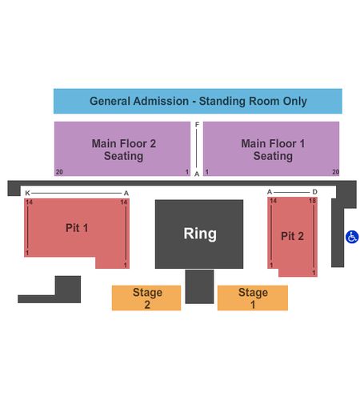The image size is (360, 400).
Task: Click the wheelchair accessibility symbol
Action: pyautogui.click(x=352, y=237)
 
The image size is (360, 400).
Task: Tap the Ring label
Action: pyautogui.click(x=200, y=234)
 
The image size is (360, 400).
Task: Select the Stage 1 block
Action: pyautogui.click(x=253, y=298)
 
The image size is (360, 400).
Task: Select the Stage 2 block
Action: pyautogui.click(x=146, y=298)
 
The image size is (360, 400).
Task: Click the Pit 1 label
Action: pyautogui.click(x=77, y=228)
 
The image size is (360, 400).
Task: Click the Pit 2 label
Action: pyautogui.click(x=292, y=236)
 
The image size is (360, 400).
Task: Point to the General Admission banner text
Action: pyautogui.click(x=198, y=101)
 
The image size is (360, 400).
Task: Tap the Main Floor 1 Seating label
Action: pyautogui.click(x=273, y=150)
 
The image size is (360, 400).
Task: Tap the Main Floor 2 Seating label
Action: pyautogui.click(x=124, y=150)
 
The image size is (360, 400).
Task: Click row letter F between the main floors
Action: pyautogui.click(x=197, y=124)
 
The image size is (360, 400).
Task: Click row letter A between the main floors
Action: pyautogui.click(x=197, y=174)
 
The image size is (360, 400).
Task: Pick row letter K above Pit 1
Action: pyautogui.click(x=27, y=193)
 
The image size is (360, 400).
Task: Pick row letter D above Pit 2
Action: pyautogui.click(x=314, y=192)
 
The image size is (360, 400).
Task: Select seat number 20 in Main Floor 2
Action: pyautogui.click(x=59, y=172)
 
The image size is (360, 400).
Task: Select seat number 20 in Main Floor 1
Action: pyautogui.click(x=336, y=172)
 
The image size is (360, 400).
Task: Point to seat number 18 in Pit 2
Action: pyautogui.click(x=313, y=201)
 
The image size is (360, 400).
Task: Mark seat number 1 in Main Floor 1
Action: pyautogui.click(x=207, y=172)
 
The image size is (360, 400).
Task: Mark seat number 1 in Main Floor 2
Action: pyautogui.click(x=187, y=172)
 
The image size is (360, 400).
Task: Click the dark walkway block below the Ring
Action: pyautogui.click(x=199, y=286)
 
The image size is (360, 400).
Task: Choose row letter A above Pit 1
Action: pyautogui.click(x=126, y=193)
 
